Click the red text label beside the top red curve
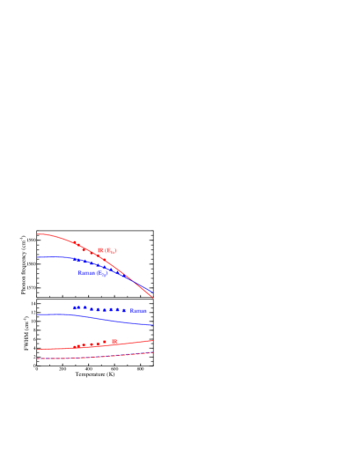pyautogui.click(x=107, y=251)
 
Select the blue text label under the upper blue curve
pyautogui.click(x=93, y=273)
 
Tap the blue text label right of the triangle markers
pyautogui.click(x=138, y=311)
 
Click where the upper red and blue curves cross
pyautogui.click(x=132, y=280)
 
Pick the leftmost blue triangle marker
pyautogui.click(x=76, y=307)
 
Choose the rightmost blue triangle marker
pyautogui.click(x=124, y=310)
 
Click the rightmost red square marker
pyautogui.click(x=114, y=341)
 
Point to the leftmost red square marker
pyautogui.click(x=77, y=346)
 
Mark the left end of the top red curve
pyautogui.click(x=38, y=234)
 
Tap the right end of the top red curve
pyautogui.click(x=153, y=299)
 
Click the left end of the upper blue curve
pyautogui.click(x=38, y=257)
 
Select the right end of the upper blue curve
pyautogui.click(x=153, y=292)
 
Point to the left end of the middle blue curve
pyautogui.click(x=38, y=314)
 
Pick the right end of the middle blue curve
pyautogui.click(x=153, y=326)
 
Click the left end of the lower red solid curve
pyautogui.click(x=38, y=350)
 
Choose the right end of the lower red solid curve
pyautogui.click(x=153, y=340)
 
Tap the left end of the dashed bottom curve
pyautogui.click(x=38, y=359)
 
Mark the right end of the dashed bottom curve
pyautogui.click(x=153, y=352)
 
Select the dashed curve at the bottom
pyautogui.click(x=97, y=357)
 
